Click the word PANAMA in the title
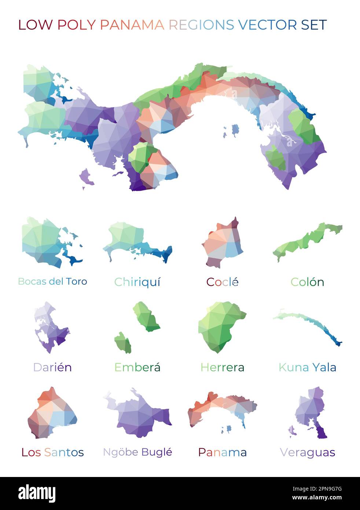[x=132, y=25]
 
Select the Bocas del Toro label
[x=52, y=281]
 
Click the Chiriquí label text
[x=137, y=282]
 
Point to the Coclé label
[x=222, y=282]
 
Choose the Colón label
[x=307, y=282]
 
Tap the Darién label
[x=52, y=367]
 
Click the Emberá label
[x=137, y=367]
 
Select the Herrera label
[x=222, y=367]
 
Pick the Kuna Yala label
[x=307, y=367]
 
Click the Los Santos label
[x=52, y=452]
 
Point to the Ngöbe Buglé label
[x=137, y=452]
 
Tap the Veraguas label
[x=307, y=452]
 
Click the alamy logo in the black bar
[x=37, y=493]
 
